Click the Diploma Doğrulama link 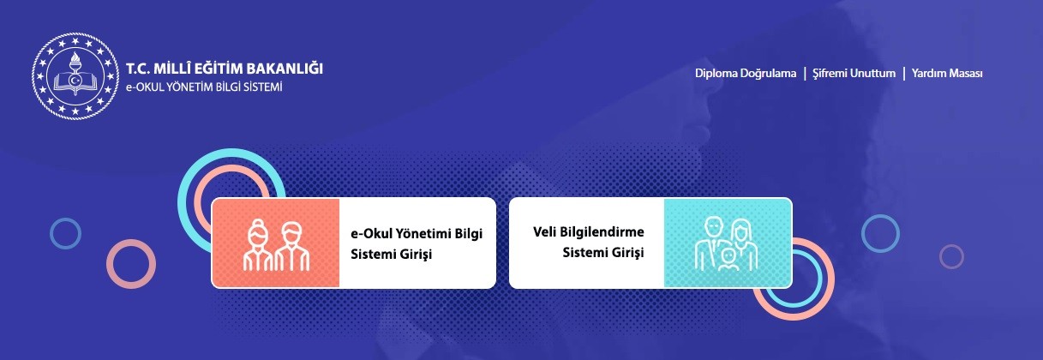[746, 74]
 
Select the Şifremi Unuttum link [854, 74]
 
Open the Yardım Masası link [947, 74]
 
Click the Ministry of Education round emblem [75, 76]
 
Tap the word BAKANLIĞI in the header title [284, 69]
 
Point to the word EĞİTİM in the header [218, 69]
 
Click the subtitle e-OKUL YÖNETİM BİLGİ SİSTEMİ [204, 87]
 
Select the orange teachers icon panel [276, 243]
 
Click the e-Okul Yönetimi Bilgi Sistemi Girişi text [417, 243]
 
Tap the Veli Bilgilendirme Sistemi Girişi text [589, 242]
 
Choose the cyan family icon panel [728, 243]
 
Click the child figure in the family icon [728, 260]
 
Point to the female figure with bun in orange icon [257, 244]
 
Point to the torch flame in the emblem [75, 58]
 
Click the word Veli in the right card [542, 231]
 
